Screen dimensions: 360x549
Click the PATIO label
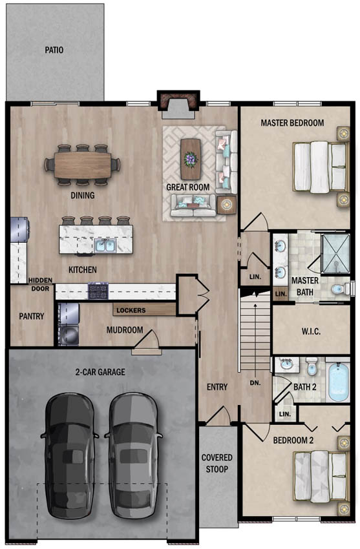54,50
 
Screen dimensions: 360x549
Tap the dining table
82,165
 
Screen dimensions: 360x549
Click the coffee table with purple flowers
191,159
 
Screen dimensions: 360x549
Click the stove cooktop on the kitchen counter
98,291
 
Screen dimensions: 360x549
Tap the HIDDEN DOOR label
40,284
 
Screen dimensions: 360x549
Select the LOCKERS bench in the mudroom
144,310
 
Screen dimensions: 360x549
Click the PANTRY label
32,316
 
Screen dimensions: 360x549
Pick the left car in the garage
69,456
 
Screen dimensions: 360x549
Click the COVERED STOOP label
217,463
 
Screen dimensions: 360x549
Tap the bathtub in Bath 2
339,382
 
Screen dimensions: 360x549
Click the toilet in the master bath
340,289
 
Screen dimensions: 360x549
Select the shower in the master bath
335,253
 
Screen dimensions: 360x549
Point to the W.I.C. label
311,331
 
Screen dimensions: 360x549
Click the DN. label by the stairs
255,383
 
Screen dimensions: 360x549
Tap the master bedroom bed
321,167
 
